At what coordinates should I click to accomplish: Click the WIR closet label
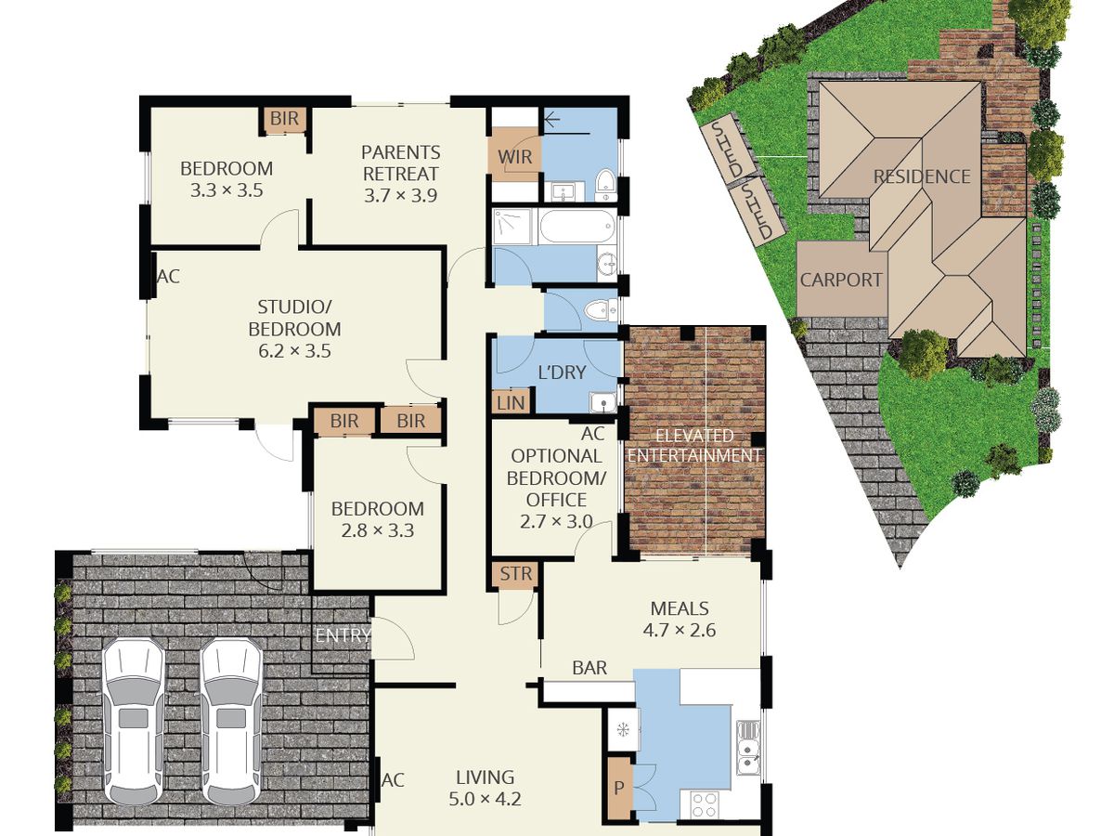pyautogui.click(x=514, y=157)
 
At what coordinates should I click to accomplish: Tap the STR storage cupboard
pyautogui.click(x=515, y=574)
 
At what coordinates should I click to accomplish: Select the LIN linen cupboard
pyautogui.click(x=511, y=402)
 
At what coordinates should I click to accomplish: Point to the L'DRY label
pyautogui.click(x=562, y=372)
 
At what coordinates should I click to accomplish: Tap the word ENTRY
pyautogui.click(x=343, y=635)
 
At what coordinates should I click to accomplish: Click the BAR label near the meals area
pyautogui.click(x=589, y=668)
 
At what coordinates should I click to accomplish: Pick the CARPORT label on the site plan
pyautogui.click(x=841, y=280)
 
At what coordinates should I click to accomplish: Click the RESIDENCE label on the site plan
pyautogui.click(x=922, y=176)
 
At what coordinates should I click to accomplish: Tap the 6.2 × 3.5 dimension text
pyautogui.click(x=294, y=351)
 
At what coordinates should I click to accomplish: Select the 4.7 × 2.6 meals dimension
pyautogui.click(x=679, y=630)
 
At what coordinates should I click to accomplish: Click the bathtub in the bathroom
pyautogui.click(x=577, y=227)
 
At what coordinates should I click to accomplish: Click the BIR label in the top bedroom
pyautogui.click(x=284, y=118)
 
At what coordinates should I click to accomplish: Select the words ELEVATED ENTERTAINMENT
pyautogui.click(x=694, y=445)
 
